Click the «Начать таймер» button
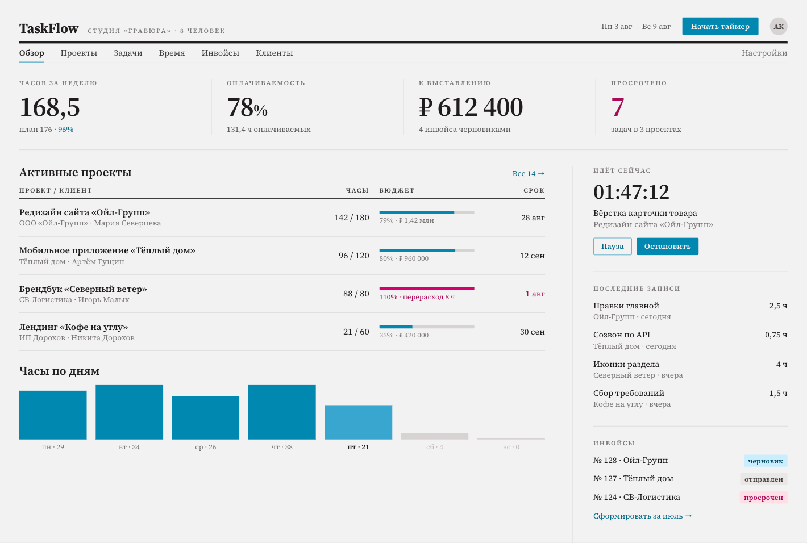click(720, 26)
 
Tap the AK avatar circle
click(779, 26)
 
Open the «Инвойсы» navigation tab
click(220, 53)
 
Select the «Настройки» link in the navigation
click(764, 53)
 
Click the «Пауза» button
click(612, 247)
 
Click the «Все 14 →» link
click(528, 173)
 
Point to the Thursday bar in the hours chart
click(282, 412)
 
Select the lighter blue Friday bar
click(358, 422)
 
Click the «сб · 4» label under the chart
click(435, 447)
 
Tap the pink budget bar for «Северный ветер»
click(427, 289)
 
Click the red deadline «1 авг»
click(535, 294)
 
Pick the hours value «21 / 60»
click(356, 332)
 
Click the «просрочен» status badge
click(763, 497)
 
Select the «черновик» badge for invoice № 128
click(766, 461)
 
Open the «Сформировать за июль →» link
click(642, 516)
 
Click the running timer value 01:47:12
click(631, 192)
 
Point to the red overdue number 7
click(618, 107)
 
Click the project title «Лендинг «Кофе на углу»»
click(73, 327)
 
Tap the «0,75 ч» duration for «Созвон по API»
click(776, 335)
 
